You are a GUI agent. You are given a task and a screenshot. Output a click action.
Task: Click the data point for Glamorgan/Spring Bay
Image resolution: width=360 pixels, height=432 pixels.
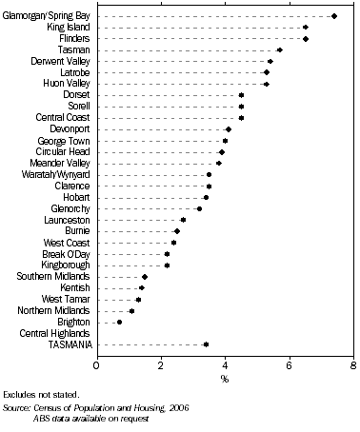[x=334, y=16]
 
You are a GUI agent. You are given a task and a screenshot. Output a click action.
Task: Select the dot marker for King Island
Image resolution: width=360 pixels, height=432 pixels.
[x=306, y=28]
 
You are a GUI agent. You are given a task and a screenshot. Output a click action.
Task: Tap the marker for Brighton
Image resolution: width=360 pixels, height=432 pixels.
[x=119, y=322]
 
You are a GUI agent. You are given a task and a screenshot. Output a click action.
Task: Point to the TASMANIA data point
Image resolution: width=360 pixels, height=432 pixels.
[x=206, y=344]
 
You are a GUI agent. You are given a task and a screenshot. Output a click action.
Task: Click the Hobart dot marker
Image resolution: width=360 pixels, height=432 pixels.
[x=206, y=197]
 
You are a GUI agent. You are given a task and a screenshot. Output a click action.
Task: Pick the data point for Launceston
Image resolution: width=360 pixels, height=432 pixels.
[x=183, y=220]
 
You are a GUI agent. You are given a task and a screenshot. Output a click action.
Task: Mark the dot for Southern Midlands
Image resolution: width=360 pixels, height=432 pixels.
[x=145, y=276]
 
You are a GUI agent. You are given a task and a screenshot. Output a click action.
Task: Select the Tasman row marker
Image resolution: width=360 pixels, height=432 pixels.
[x=279, y=49]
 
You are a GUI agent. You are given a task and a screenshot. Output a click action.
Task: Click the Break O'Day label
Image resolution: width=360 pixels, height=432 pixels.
[x=66, y=254]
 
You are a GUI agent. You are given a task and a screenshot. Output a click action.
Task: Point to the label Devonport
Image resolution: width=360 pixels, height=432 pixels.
[x=68, y=129]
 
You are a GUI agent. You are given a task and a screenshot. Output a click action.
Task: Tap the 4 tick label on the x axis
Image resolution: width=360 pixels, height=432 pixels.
[x=225, y=364]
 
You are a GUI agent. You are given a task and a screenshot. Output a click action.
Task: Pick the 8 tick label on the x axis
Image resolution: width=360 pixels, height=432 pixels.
[x=353, y=364]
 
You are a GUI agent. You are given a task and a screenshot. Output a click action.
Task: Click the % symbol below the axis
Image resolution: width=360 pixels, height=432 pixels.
[x=225, y=379]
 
